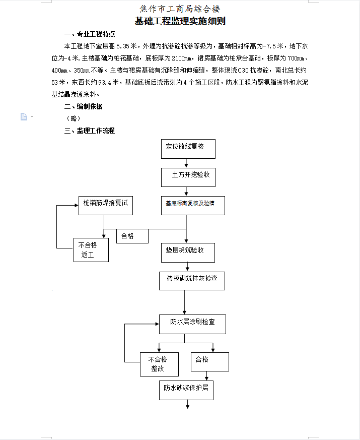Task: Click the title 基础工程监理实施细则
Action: click(x=180, y=21)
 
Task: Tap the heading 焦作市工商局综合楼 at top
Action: click(x=180, y=9)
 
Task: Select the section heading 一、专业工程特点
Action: click(x=90, y=34)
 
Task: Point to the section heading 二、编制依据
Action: click(x=83, y=106)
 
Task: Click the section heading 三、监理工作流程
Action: click(x=90, y=131)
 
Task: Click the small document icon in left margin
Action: click(x=24, y=116)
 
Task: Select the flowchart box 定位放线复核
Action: click(x=188, y=149)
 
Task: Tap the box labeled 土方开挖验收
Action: click(x=188, y=177)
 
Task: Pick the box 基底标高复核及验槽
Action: click(x=193, y=206)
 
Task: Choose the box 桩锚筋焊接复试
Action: click(x=106, y=206)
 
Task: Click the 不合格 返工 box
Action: click(x=91, y=250)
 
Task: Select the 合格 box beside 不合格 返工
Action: click(x=132, y=236)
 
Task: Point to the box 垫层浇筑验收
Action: click(x=188, y=253)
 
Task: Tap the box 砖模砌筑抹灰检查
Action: click(x=192, y=281)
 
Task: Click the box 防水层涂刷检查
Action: click(x=193, y=325)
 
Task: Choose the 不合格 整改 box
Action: click(x=159, y=364)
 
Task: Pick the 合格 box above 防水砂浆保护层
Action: click(x=210, y=362)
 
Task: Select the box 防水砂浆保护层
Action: click(x=186, y=390)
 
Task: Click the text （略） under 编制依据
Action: click(x=74, y=118)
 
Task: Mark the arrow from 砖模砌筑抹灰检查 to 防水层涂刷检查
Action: click(x=184, y=302)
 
